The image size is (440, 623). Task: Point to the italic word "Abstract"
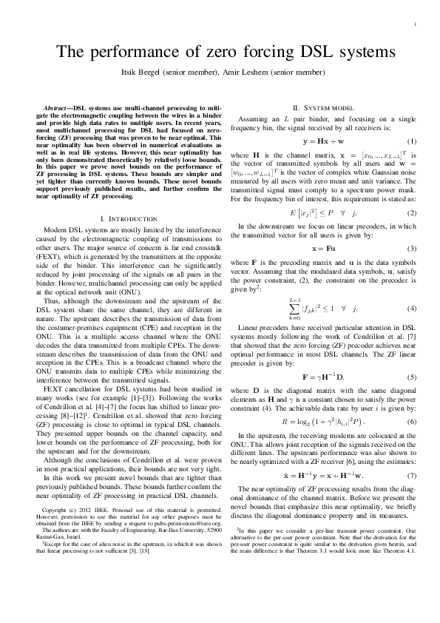pos(58,109)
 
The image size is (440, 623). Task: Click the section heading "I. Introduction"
pos(127,219)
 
